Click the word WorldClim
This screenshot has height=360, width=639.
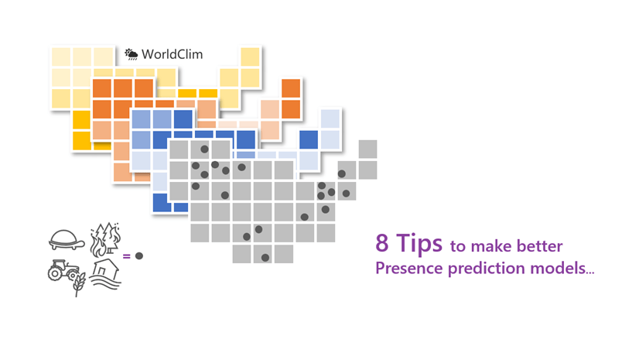pyautogui.click(x=172, y=54)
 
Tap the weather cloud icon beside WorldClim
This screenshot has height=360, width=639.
pyautogui.click(x=132, y=54)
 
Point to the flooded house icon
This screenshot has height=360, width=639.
pyautogui.click(x=105, y=274)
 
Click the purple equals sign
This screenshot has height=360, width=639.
pyautogui.click(x=126, y=256)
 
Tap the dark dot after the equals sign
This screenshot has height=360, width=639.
pyautogui.click(x=139, y=256)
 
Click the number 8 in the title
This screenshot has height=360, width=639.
pyautogui.click(x=382, y=243)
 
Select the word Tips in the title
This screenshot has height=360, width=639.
pyautogui.click(x=419, y=244)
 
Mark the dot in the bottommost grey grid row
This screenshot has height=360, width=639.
pyautogui.click(x=265, y=258)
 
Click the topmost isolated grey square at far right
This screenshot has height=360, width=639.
pyautogui.click(x=367, y=149)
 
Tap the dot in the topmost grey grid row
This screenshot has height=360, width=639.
pyautogui.click(x=204, y=149)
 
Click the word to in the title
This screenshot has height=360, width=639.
pyautogui.click(x=458, y=247)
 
